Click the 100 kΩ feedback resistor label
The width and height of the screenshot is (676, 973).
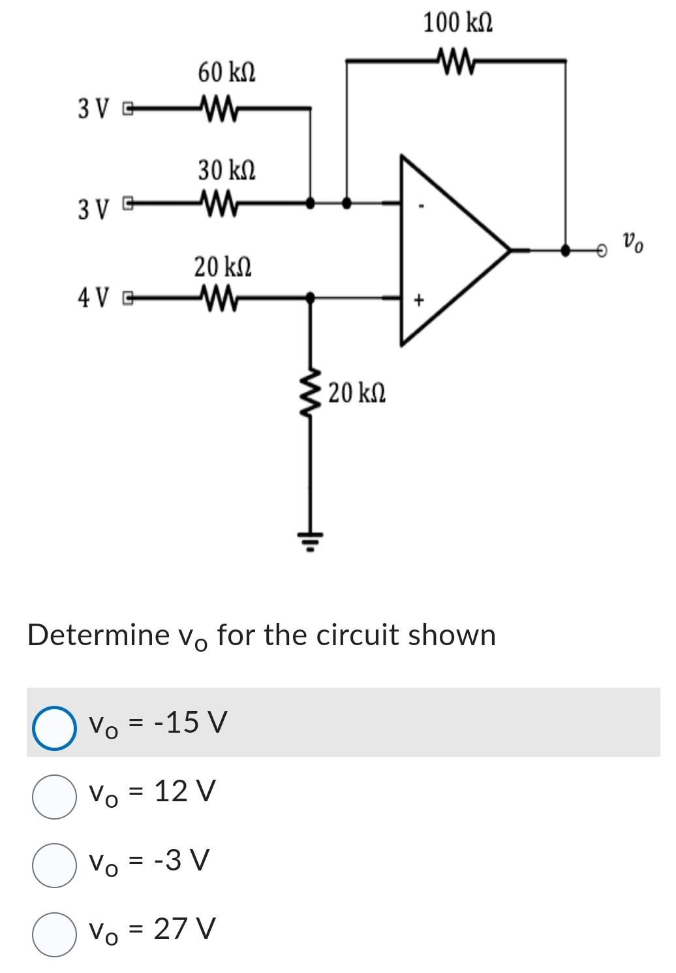[457, 23]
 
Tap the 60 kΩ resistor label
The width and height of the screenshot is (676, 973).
[226, 72]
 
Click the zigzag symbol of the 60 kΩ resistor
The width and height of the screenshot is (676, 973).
[218, 106]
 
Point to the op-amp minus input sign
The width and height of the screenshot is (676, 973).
[422, 208]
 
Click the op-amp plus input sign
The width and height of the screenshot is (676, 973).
[420, 300]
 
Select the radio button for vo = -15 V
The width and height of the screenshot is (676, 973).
[53, 727]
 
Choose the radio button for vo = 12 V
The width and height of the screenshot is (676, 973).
[53, 796]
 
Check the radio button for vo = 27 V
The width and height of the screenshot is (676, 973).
[53, 934]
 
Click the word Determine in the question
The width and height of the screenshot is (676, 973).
[98, 635]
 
